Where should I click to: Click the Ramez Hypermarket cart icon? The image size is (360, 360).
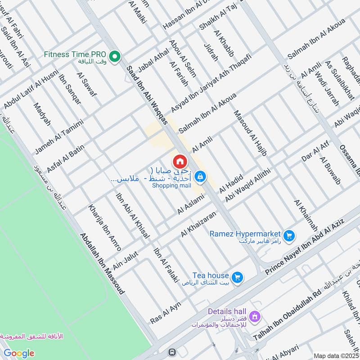(x=289, y=235)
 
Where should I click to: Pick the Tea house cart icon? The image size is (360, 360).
(x=238, y=277)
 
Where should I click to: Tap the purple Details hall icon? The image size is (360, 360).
(x=255, y=317)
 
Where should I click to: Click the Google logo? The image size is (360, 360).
(x=19, y=353)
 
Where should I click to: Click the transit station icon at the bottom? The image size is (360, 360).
(x=171, y=352)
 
